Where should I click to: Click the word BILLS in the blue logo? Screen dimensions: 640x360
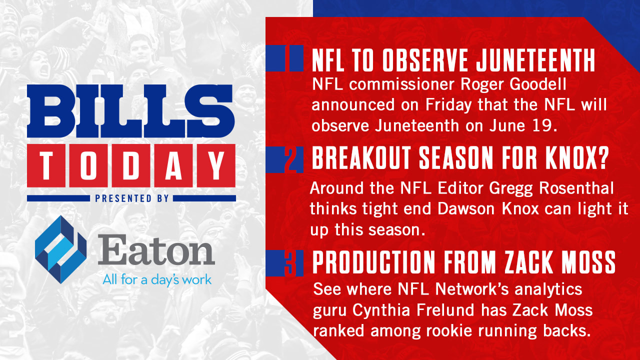click(131, 111)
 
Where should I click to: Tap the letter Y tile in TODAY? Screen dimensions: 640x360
click(216, 165)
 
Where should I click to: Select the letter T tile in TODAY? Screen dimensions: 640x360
click(46, 165)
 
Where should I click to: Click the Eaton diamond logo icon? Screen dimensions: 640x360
click(60, 249)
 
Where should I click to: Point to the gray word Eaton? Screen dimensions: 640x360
click(156, 249)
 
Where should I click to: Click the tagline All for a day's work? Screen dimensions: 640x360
click(157, 279)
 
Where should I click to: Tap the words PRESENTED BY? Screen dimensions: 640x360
click(131, 198)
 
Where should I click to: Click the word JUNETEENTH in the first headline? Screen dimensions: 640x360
click(535, 60)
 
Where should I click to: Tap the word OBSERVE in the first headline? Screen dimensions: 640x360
click(425, 60)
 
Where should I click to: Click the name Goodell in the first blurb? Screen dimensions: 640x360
click(538, 84)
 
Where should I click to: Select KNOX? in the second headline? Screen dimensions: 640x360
click(576, 157)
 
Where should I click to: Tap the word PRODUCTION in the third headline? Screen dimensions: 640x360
click(373, 262)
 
